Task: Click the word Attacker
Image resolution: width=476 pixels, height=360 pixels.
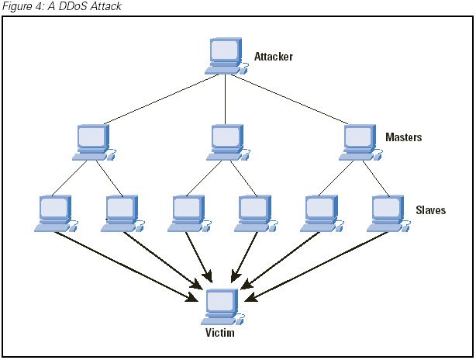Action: tap(274, 57)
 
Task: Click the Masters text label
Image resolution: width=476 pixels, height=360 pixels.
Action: tap(404, 137)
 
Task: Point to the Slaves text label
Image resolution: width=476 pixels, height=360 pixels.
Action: tap(430, 210)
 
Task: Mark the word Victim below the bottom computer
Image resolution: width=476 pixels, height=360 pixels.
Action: tap(219, 333)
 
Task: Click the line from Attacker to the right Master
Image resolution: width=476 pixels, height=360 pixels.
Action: tap(292, 99)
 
